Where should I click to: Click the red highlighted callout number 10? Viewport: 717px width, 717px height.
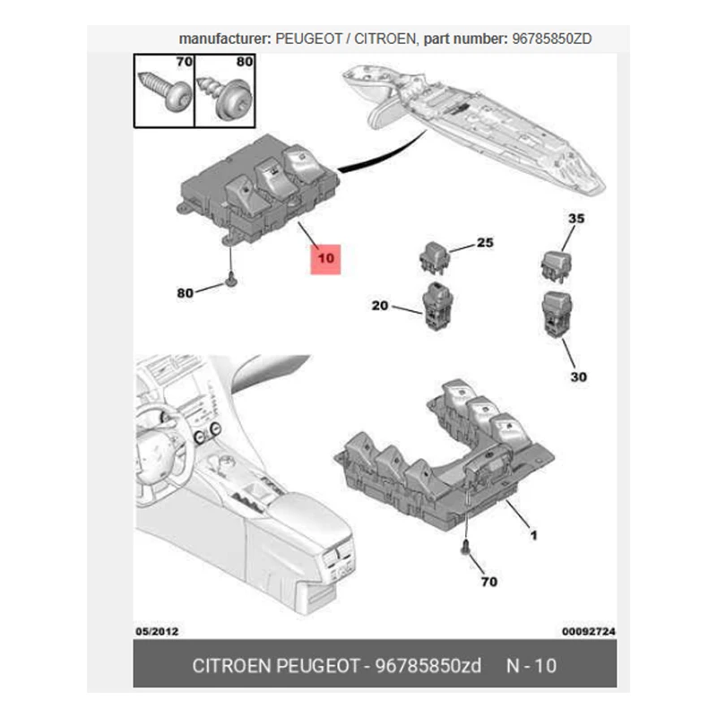point(325,258)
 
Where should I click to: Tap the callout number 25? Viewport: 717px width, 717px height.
point(485,243)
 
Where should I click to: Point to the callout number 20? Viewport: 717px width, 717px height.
point(380,306)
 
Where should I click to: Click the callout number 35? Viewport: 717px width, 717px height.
point(576,219)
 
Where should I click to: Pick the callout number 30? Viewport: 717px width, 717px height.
point(578,376)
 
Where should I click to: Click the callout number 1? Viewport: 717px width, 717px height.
point(533,536)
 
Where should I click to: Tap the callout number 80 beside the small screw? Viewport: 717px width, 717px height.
point(185,292)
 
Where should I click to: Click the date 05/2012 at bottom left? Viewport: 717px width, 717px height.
point(157,631)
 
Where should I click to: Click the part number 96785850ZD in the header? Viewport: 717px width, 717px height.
point(551,39)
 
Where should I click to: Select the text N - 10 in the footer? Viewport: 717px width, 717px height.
point(531,668)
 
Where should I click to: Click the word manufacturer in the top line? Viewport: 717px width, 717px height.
point(214,39)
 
